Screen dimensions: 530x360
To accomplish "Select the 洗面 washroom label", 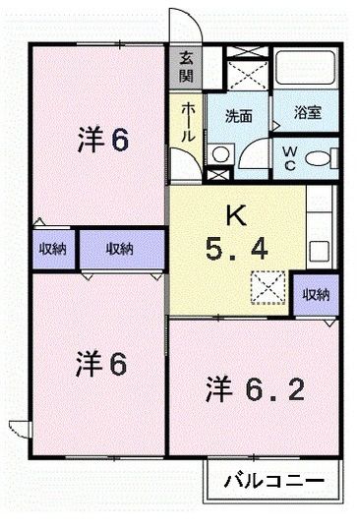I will pos(238,115).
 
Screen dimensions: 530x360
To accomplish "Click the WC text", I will pos(291,157).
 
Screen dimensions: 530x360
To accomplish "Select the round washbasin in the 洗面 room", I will pos(221,154).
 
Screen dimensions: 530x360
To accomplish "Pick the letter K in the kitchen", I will pos(235,214).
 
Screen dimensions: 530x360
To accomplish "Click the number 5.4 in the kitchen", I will pos(237,250).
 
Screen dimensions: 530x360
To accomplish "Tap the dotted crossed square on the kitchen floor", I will pos(266,286).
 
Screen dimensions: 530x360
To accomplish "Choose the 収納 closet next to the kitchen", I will pos(315,294).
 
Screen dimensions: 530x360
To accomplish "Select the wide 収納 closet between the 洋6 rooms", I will pos(119,250).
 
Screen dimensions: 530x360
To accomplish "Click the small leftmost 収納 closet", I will pos(51,250).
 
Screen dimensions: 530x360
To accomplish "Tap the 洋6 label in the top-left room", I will pos(102,141).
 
